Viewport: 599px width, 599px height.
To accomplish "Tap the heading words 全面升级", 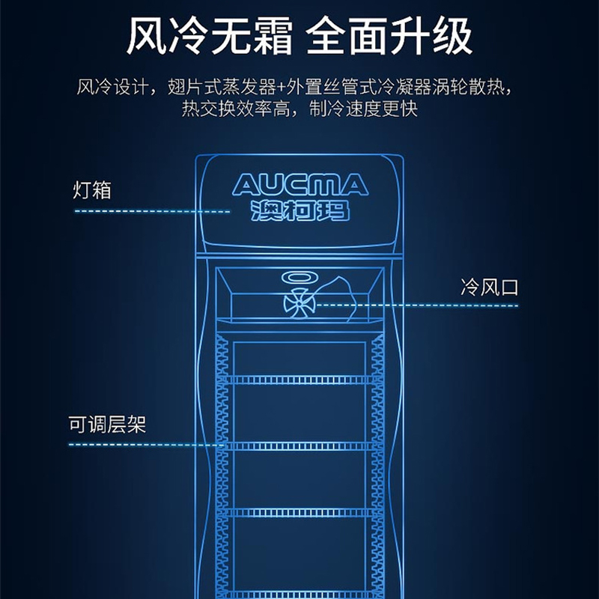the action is click(390, 37).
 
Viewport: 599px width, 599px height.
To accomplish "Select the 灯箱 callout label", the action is click(92, 189).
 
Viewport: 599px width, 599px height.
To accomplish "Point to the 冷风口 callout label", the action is click(489, 287).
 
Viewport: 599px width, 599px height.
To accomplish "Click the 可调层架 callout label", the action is click(106, 425).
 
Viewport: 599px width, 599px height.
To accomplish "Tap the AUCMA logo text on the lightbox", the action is click(299, 184).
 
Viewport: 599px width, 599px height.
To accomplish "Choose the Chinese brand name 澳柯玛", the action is click(299, 210).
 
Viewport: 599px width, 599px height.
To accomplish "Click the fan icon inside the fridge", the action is click(299, 303).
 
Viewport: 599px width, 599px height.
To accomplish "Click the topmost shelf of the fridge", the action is click(299, 378).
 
